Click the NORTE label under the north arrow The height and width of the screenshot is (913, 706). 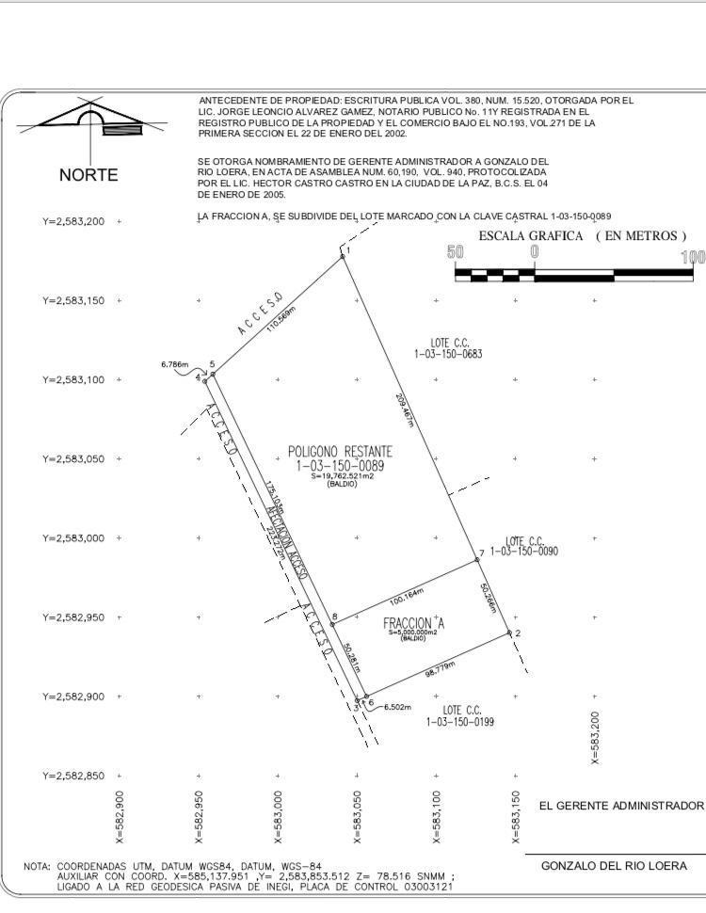[x=88, y=175]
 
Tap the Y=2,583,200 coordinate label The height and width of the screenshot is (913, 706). [x=73, y=222]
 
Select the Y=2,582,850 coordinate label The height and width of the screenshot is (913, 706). [x=73, y=776]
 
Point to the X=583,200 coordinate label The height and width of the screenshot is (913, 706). [x=595, y=738]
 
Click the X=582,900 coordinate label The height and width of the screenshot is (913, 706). [x=120, y=817]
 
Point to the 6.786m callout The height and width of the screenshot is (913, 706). [x=175, y=364]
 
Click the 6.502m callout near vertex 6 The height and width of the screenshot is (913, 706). [x=396, y=707]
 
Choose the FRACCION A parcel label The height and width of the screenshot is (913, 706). [x=413, y=624]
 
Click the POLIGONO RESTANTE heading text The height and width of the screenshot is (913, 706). [x=340, y=452]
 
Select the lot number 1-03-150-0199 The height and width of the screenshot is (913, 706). [x=460, y=722]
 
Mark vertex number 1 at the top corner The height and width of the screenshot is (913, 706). [x=348, y=251]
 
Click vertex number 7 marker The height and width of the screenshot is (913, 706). [x=481, y=553]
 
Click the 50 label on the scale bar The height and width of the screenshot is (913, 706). [x=456, y=252]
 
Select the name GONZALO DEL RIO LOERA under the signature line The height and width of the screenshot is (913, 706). [x=621, y=866]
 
